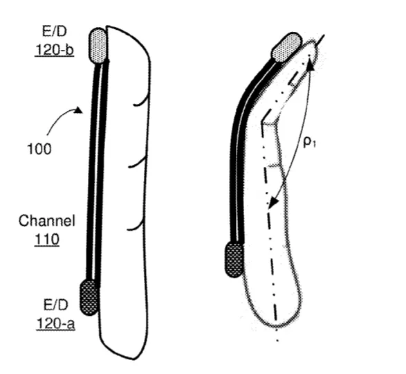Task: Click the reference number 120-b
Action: [55, 50]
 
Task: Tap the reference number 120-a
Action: [55, 324]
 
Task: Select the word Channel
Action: [47, 221]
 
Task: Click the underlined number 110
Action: [47, 240]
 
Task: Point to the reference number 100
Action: [39, 149]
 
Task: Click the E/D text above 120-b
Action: [55, 31]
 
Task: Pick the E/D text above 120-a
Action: [55, 305]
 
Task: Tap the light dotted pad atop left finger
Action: [98, 46]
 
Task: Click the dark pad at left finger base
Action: [89, 298]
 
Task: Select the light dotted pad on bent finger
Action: [286, 48]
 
